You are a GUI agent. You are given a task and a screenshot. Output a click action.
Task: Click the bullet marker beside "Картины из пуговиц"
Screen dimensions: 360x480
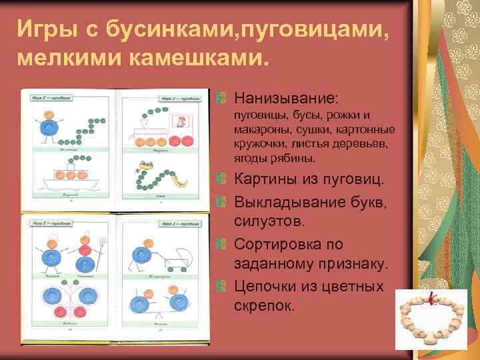click(223, 181)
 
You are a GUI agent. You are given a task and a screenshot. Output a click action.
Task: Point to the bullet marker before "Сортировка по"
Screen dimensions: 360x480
click(223, 245)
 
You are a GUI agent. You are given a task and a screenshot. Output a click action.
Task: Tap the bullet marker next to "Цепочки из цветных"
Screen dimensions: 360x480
click(223, 287)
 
